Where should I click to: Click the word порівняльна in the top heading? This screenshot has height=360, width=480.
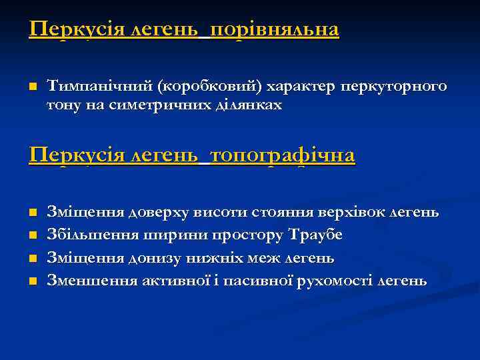[274, 30]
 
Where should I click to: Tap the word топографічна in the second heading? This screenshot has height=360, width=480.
[282, 156]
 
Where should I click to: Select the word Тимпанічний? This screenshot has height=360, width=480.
[100, 87]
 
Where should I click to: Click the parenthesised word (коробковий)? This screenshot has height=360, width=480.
[211, 87]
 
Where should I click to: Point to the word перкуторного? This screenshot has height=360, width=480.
[393, 87]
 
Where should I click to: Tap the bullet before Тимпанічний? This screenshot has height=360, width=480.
[32, 87]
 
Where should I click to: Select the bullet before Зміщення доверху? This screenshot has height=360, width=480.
[32, 213]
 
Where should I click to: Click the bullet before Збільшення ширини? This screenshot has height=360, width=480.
[32, 235]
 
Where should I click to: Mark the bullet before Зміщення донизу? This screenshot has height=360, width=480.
[32, 258]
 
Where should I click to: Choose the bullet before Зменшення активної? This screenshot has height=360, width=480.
[32, 281]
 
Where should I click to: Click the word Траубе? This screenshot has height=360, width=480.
[317, 235]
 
